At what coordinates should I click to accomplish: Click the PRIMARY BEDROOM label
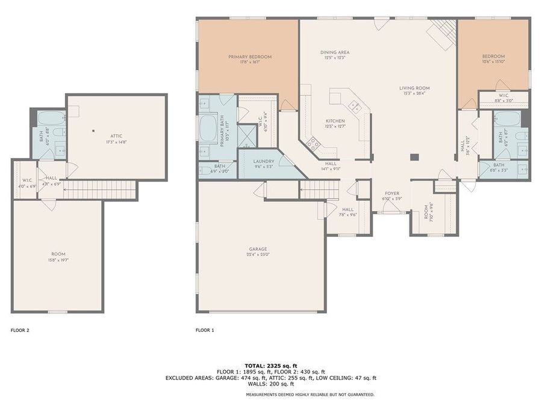[249, 57]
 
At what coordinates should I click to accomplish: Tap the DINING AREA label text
[335, 52]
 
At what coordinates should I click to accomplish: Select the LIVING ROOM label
[413, 88]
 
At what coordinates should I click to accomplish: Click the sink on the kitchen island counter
[356, 108]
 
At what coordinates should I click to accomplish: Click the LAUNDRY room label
[264, 161]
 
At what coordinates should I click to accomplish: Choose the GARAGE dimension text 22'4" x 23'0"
[259, 254]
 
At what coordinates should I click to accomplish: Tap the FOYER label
[392, 194]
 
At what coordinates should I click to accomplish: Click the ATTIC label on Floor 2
[116, 136]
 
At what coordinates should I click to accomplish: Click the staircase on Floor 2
[99, 191]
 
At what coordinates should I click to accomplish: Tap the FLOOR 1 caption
[205, 330]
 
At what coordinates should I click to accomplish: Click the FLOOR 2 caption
[20, 330]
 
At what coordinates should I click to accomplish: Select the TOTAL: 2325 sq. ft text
[270, 366]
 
